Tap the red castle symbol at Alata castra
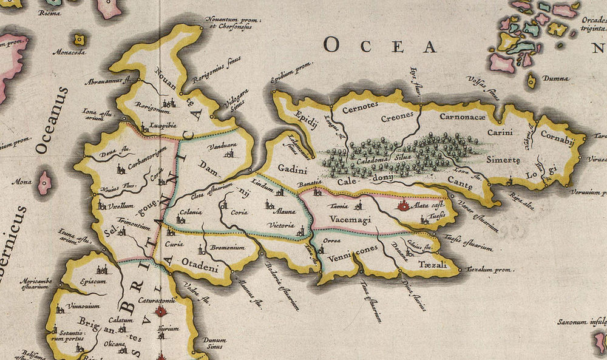[x=402, y=206]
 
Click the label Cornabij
[x=557, y=135]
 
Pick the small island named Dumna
[x=532, y=80]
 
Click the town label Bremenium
[x=228, y=248]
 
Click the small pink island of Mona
[x=44, y=182]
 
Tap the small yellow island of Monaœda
[x=79, y=40]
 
